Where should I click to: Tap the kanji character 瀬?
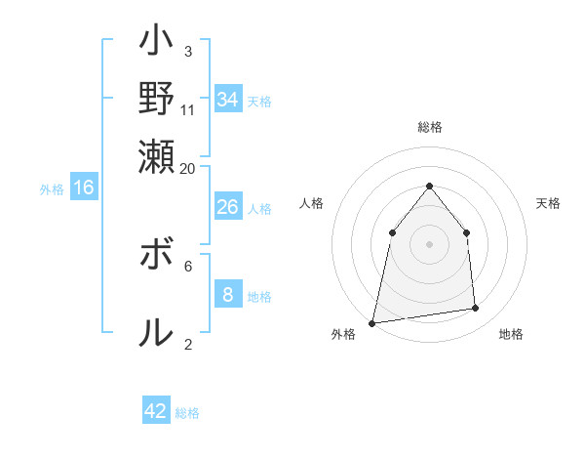coord(157,155)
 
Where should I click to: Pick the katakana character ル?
coord(157,333)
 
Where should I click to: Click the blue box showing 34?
coord(228,100)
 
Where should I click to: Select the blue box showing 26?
coord(227,207)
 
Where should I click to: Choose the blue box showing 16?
coord(84,188)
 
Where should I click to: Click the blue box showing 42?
coord(156,411)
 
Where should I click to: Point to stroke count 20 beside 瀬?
coord(188,168)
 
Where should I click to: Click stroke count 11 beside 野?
coord(188,110)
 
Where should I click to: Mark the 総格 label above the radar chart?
coord(430,127)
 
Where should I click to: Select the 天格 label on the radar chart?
coord(549,203)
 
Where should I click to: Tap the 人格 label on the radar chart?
coord(311,203)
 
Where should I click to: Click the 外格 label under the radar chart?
coord(343,334)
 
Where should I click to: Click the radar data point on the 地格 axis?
coord(476,309)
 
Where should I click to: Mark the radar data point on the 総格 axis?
coord(430,186)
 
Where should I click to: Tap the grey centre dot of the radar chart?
coord(430,243)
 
